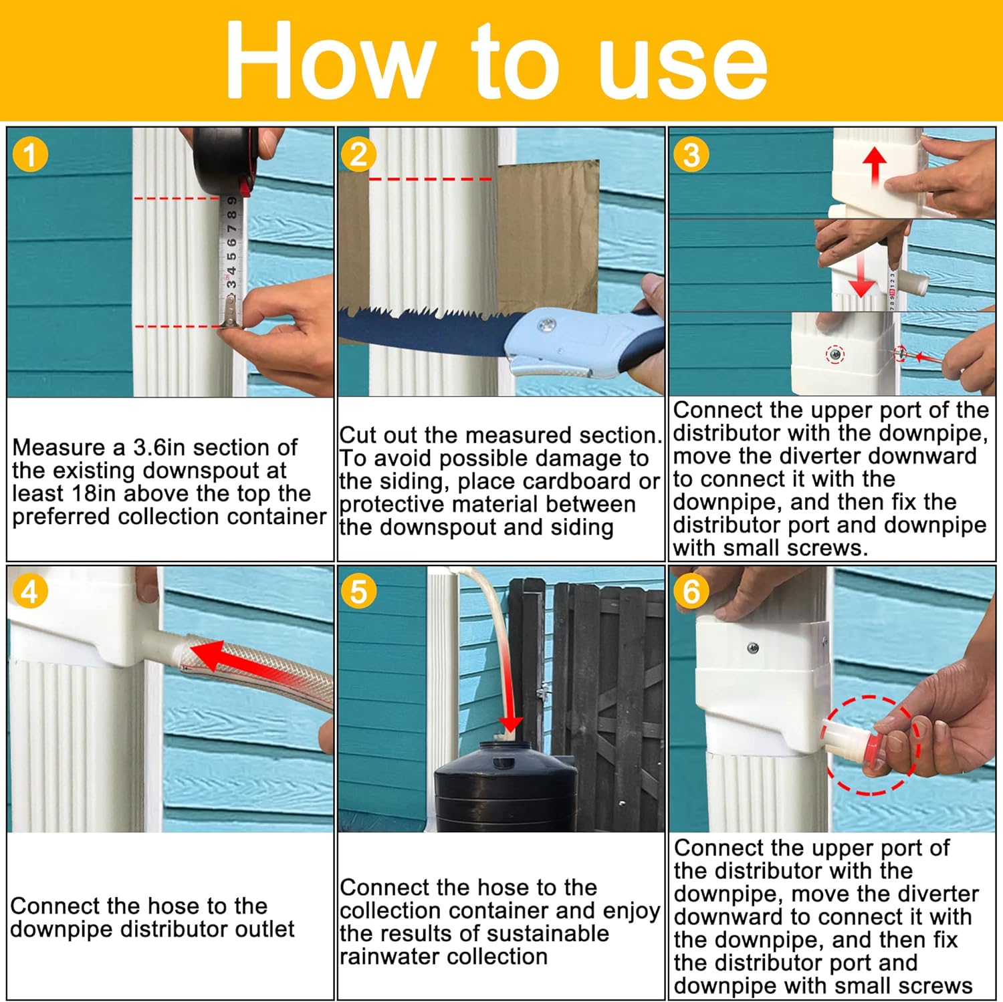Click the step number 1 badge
[30, 155]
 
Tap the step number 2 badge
[358, 155]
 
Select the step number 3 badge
[691, 155]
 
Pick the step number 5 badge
[358, 592]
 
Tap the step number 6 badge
[691, 592]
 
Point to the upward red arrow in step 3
[874, 167]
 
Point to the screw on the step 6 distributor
[753, 647]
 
